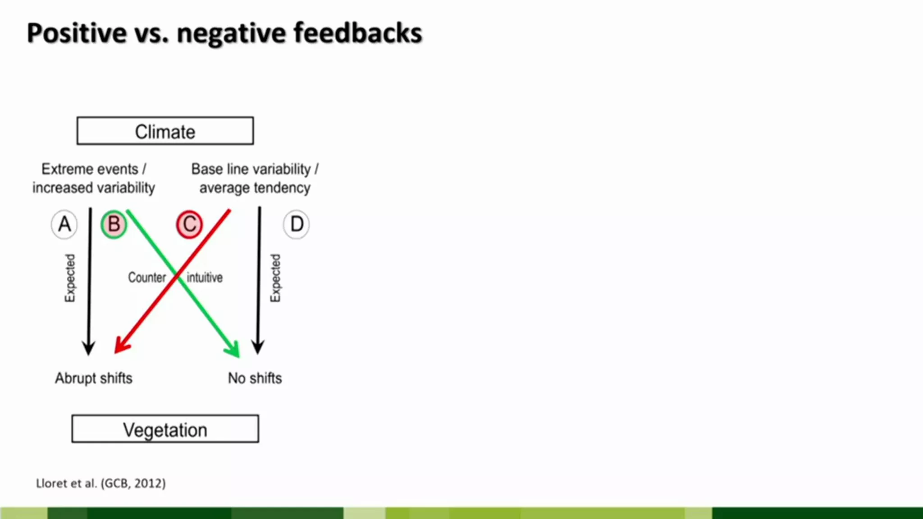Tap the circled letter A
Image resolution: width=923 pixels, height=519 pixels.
coord(64,224)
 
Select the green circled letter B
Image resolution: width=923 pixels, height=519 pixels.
coord(114,224)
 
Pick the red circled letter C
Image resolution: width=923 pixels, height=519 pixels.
coord(189,224)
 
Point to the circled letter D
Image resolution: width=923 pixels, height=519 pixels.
coord(297,224)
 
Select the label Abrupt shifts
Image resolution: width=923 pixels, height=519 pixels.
coord(94,378)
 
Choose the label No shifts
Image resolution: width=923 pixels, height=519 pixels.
coord(255,378)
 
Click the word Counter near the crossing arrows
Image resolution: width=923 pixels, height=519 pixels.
coord(147,278)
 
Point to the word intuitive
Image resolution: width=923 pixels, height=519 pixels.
coord(205,278)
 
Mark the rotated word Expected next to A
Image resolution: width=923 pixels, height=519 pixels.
coord(70,278)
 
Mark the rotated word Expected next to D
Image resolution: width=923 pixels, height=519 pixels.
coord(275,278)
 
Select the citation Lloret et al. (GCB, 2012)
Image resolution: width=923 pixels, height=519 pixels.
coord(101,483)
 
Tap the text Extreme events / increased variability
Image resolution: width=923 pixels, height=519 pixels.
coord(94,178)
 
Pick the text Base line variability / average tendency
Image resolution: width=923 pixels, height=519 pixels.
coord(255,178)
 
